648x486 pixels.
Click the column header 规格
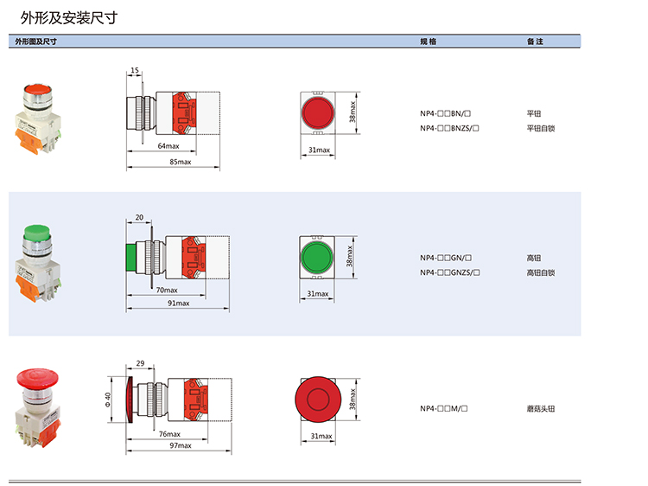pos(428,42)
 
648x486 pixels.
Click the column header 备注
pos(535,42)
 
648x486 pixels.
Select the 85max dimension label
pos(180,162)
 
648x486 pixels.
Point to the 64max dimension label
pos(168,146)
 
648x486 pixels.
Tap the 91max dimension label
pos(179,304)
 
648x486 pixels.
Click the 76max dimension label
pos(169,433)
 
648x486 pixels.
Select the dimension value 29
pos(140,365)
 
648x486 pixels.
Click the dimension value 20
pos(139,217)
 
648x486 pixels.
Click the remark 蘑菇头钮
pos(540,408)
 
